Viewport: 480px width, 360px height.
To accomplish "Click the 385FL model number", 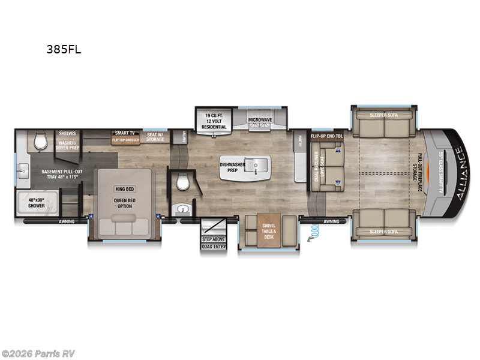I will click(64, 50).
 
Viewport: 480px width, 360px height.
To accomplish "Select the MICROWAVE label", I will click(260, 119).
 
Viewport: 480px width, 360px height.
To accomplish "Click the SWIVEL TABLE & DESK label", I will click(268, 231).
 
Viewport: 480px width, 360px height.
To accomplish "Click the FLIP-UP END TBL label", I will click(326, 136).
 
